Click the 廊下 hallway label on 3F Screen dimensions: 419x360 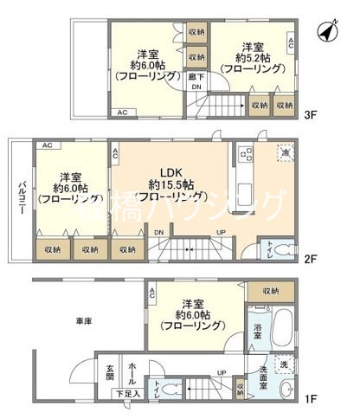click(196, 77)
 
